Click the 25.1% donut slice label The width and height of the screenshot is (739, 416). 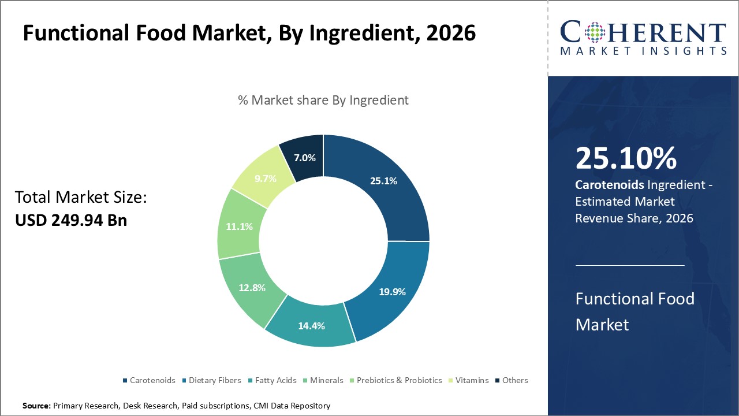click(383, 181)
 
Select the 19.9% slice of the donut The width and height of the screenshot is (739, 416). click(391, 292)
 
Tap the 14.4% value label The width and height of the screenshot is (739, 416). click(311, 326)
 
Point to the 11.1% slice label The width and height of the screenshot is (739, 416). click(239, 226)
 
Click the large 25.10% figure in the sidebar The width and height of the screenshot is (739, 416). click(626, 158)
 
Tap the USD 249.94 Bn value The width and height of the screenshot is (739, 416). click(71, 220)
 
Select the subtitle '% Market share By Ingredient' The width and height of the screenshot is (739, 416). click(323, 100)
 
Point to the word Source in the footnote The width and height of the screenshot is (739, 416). click(36, 406)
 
